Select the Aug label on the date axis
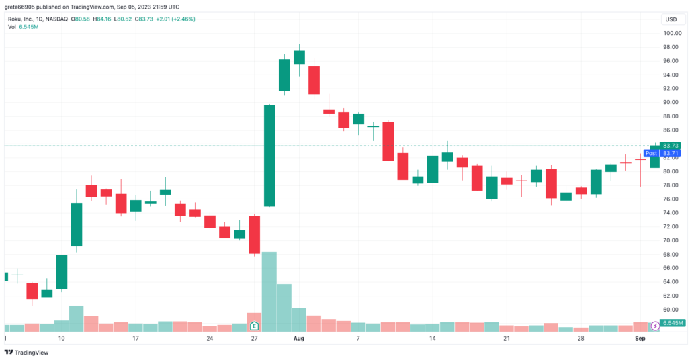(299, 339)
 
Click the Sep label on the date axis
(640, 339)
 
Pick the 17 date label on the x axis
(135, 339)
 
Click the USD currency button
(671, 19)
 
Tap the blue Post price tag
(650, 153)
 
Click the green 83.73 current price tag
(671, 146)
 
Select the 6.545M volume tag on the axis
(673, 324)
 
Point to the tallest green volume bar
(269, 291)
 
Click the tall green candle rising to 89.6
(269, 155)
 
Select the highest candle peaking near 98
(299, 58)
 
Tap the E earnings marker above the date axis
(255, 326)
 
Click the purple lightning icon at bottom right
(655, 325)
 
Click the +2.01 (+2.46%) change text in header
(175, 19)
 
